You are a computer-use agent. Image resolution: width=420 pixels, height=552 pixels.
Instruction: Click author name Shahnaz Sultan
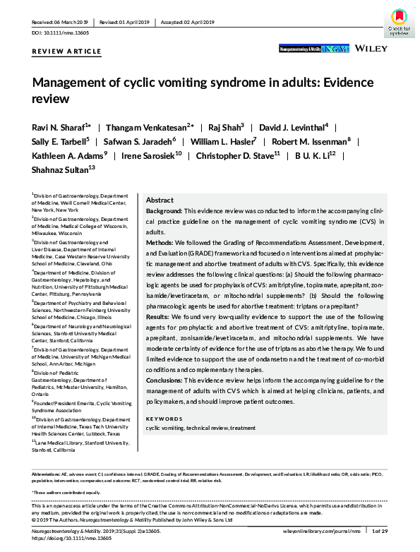click(x=63, y=167)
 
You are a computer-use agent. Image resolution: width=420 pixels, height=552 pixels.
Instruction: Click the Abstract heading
click(x=160, y=200)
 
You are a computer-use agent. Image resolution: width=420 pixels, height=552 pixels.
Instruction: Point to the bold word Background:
click(x=164, y=211)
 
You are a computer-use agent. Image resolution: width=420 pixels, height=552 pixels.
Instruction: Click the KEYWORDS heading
click(x=163, y=419)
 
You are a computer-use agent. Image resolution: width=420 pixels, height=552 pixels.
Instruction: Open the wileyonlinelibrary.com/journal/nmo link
click(x=322, y=530)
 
